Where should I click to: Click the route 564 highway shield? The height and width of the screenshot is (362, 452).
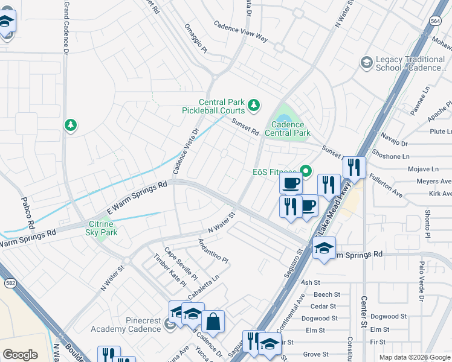pyautogui.click(x=436, y=21)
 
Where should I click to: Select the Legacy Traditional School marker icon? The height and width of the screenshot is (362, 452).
pyautogui.click(x=366, y=62)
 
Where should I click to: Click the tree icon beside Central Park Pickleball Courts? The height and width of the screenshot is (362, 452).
pyautogui.click(x=254, y=106)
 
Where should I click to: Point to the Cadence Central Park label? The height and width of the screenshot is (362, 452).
pyautogui.click(x=288, y=129)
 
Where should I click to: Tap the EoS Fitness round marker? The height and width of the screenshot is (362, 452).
pyautogui.click(x=306, y=172)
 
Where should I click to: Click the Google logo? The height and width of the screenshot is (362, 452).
pyautogui.click(x=20, y=354)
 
